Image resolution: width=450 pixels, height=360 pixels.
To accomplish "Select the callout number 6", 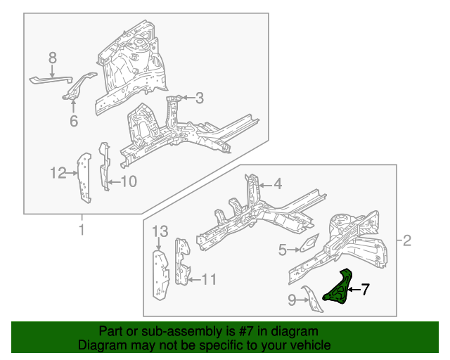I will click(74, 122).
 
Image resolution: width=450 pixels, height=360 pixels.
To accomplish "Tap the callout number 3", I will click(199, 98).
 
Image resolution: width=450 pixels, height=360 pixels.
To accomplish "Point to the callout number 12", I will click(277, 184).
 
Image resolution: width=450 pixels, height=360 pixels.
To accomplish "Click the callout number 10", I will click(283, 249).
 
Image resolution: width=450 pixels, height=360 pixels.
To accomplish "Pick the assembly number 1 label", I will click(81, 230).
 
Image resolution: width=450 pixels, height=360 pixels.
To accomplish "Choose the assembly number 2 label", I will click(406, 242).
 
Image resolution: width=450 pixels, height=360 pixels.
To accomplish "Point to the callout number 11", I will click(209, 280).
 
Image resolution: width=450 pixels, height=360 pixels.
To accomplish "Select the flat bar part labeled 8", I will click(49, 79).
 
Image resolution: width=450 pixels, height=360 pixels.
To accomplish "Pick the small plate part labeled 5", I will click(308, 245).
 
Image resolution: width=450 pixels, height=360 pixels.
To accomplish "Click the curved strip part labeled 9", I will click(309, 298).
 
